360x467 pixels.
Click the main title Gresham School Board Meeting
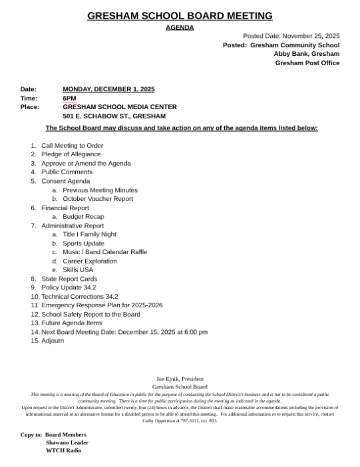[180, 16]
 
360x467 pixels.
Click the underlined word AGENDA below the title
[180, 28]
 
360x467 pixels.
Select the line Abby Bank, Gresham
[307, 54]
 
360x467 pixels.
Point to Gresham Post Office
[307, 63]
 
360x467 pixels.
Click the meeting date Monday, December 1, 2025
[108, 89]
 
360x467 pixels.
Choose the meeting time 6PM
[69, 98]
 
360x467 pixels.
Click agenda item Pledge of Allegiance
[71, 154]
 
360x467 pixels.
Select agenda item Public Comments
[67, 172]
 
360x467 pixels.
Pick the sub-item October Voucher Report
[98, 199]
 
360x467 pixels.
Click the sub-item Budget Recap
[83, 217]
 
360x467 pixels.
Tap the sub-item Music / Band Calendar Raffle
[105, 252]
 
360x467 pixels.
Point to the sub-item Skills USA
[78, 270]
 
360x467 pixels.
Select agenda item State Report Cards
[69, 279]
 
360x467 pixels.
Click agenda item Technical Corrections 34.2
[80, 297]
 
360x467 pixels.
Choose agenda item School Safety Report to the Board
[90, 315]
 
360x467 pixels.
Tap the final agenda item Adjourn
[53, 341]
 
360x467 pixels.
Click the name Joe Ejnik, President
[180, 379]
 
